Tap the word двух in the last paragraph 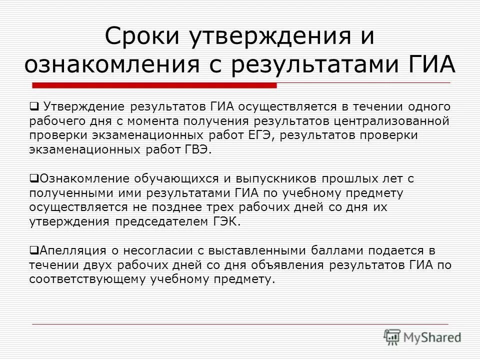point(91,264)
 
